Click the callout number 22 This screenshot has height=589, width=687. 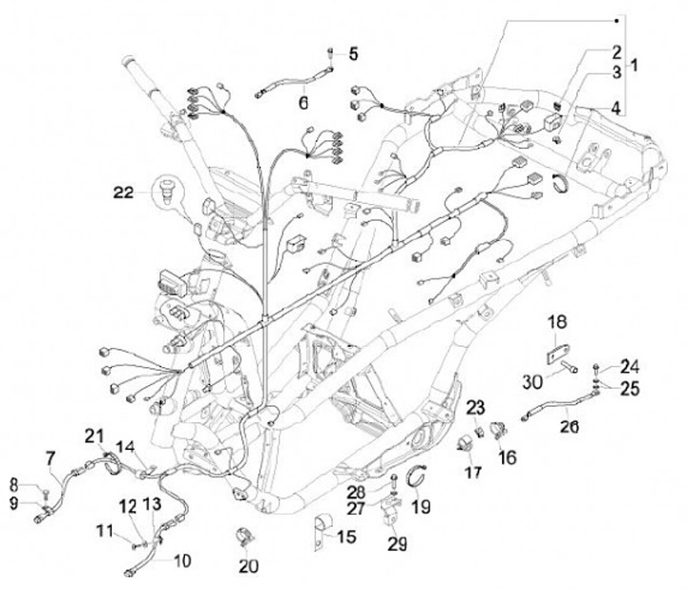tap(123, 193)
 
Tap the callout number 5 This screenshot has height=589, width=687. tap(353, 53)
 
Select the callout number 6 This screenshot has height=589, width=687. tap(303, 102)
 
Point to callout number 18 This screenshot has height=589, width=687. tap(557, 322)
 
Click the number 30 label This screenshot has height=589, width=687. tap(532, 382)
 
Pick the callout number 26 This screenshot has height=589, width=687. tap(570, 426)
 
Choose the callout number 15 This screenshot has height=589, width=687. tap(346, 537)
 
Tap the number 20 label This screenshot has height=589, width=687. tap(248, 566)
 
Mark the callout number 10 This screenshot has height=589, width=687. tap(182, 560)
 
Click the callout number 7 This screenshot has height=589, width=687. tap(51, 458)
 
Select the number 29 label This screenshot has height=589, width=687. tap(397, 543)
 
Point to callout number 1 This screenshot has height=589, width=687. tap(634, 65)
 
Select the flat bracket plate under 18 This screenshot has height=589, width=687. tap(558, 354)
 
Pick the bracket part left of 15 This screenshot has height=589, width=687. tap(323, 533)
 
